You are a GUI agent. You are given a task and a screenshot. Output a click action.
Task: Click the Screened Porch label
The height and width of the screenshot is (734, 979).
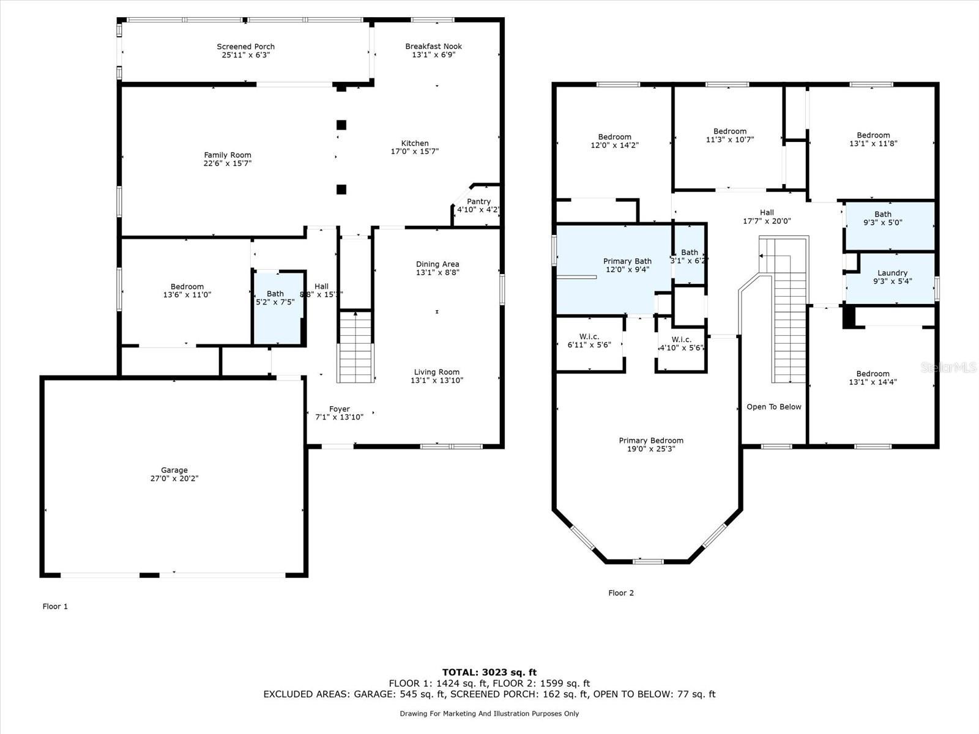246,46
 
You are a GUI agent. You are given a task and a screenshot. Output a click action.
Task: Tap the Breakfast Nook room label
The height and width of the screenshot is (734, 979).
434,46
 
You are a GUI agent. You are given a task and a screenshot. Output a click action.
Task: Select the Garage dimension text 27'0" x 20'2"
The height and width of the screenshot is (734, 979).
174,478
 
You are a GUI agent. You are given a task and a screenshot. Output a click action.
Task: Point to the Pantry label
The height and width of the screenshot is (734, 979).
478,201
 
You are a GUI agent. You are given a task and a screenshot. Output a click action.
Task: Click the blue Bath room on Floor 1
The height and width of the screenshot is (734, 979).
278,308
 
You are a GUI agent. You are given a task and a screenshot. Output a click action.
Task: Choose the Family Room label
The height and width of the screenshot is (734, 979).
228,155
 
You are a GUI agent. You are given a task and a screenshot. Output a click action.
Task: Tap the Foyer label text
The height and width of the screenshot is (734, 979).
340,409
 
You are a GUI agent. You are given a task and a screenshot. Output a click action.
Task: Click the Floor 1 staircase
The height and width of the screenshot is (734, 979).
355,347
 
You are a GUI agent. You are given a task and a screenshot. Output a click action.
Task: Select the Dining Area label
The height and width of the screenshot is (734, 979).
437,264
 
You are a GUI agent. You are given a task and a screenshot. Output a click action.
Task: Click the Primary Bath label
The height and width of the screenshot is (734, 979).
628,261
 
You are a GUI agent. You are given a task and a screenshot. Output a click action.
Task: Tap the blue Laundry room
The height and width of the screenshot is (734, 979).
890,278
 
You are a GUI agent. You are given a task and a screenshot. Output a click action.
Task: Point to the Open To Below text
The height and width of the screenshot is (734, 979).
774,407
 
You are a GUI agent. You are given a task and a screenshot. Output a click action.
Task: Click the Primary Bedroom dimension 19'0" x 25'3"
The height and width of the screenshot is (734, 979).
651,449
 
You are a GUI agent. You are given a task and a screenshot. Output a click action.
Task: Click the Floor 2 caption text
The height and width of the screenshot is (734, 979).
621,593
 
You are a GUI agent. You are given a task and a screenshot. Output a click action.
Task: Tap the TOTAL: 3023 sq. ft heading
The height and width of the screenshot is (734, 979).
489,672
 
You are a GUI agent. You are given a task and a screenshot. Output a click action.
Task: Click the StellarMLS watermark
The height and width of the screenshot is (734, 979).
948,367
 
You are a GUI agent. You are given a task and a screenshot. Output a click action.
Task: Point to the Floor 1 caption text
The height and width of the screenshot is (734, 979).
55,606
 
